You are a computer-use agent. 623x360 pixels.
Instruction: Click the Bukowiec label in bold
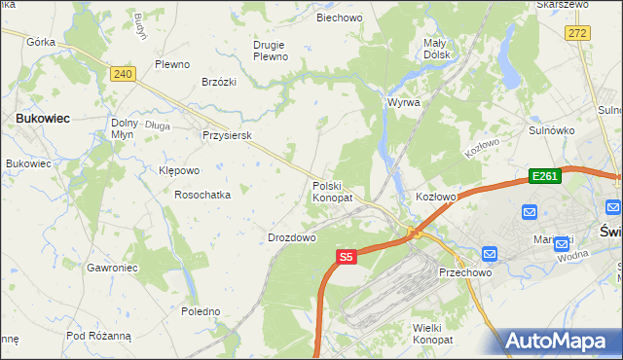41,118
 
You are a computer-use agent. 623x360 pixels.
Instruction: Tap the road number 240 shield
122,74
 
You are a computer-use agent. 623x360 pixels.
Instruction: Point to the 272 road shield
578,33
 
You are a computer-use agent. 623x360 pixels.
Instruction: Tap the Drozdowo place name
291,237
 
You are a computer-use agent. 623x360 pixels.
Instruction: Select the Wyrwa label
403,102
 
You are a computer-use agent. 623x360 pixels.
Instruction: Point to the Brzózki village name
220,83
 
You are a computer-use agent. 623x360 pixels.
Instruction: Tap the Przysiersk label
227,136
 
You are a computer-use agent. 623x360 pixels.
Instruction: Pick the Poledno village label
201,311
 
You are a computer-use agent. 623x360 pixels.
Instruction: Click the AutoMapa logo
559,341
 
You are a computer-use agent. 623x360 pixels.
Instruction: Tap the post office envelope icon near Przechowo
489,254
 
